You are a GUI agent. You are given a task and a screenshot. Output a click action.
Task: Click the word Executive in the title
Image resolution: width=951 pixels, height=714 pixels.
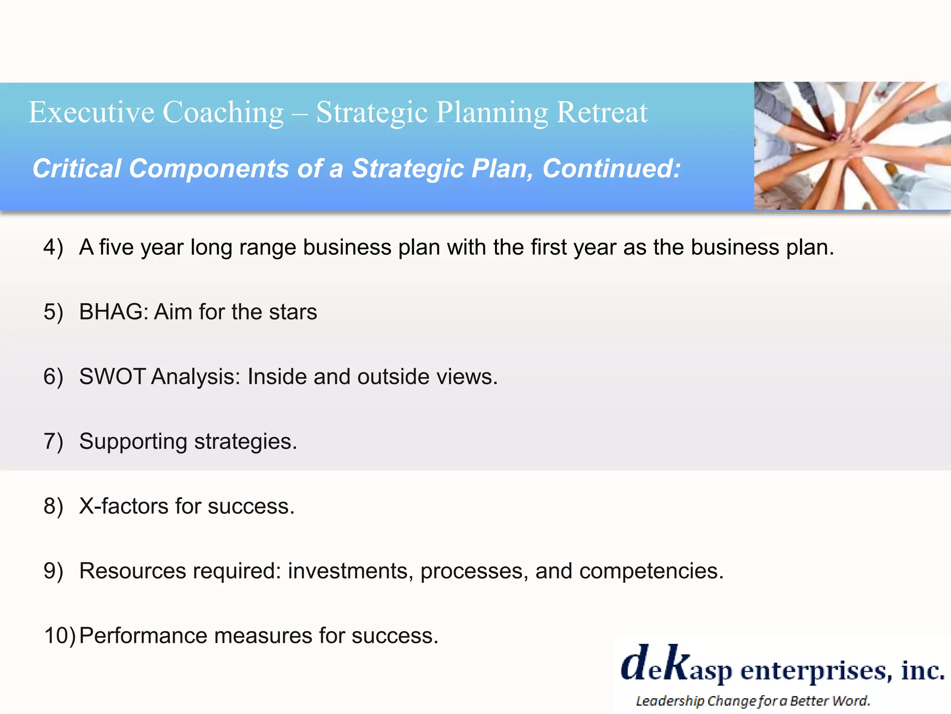(91, 112)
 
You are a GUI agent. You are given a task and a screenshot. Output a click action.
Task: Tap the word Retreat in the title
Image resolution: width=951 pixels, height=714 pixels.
(602, 112)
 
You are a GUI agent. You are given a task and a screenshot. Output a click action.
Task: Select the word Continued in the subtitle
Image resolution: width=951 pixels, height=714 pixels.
(611, 168)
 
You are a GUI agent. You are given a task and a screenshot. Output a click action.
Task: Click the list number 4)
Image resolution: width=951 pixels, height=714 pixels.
(53, 247)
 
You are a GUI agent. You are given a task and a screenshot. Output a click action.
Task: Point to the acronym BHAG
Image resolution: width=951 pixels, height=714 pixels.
(113, 312)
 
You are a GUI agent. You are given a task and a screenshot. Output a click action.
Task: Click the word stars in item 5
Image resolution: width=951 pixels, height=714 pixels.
(293, 312)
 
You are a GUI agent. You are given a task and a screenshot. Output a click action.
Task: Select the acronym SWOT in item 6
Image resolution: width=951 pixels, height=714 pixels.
(113, 377)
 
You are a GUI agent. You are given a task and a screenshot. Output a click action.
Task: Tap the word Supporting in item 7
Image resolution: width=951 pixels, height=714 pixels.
(133, 442)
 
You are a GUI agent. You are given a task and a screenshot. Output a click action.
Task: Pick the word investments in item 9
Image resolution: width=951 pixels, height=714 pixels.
(350, 571)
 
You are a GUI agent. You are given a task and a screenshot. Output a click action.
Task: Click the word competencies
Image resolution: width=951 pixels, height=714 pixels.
(651, 571)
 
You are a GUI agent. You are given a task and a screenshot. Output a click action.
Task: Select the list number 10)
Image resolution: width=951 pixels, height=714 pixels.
(59, 635)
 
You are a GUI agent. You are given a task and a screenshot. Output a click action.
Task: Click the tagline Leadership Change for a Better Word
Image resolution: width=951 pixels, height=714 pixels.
(752, 701)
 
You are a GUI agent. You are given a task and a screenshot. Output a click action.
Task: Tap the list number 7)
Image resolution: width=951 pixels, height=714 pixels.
(53, 442)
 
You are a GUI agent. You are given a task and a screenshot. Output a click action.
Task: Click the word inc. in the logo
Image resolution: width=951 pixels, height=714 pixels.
(922, 670)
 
